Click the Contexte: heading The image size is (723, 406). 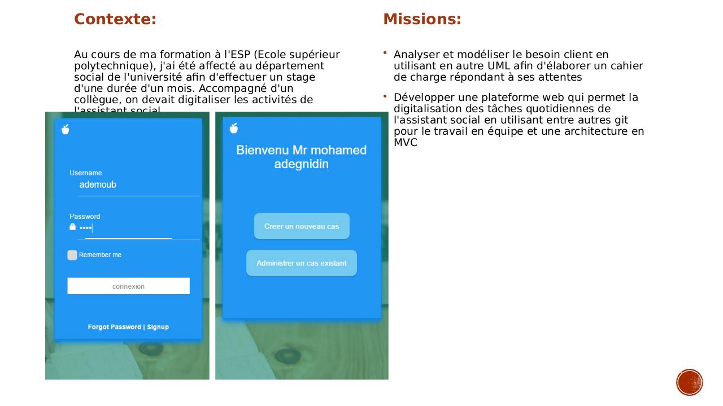coord(115,19)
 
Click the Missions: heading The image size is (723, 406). coord(422,19)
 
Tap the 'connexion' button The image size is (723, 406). coord(128,286)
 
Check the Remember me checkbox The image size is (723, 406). coord(72,255)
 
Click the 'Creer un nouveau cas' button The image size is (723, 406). coord(302,226)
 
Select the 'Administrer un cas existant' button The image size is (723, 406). coord(302,263)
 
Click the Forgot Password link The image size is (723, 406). coord(114,327)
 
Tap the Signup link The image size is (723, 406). coord(158,327)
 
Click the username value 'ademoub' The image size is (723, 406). coord(98,184)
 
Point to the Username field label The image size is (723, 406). coord(86,173)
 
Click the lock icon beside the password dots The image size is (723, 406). coord(72,227)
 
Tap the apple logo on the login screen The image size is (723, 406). coord(66,129)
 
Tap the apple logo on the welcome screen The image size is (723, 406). coord(234,129)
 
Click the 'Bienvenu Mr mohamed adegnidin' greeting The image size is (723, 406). coord(301,157)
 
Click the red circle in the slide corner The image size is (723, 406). coord(689,382)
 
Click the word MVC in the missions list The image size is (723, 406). coord(406,143)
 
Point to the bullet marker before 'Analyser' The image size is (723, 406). coord(385,54)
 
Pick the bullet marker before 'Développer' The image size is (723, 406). coord(385,96)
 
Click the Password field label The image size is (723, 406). coord(85,217)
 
